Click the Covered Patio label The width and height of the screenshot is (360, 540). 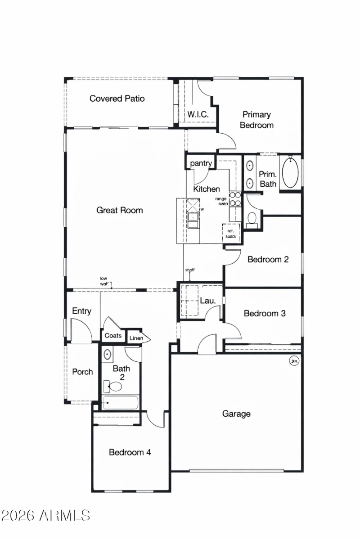point(117,99)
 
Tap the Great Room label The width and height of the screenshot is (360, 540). point(120,210)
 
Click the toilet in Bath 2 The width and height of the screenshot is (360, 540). point(114,387)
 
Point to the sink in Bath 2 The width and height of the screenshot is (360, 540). point(108,355)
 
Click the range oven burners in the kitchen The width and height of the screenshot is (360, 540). point(235,199)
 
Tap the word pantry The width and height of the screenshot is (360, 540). point(201,163)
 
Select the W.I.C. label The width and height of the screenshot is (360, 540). point(198,114)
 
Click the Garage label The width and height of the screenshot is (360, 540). point(236,414)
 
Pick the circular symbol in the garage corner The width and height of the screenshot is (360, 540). point(295,361)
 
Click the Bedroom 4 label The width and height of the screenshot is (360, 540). point(130,452)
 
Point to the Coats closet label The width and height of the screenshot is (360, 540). point(113,336)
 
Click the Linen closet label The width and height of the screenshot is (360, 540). point(136,338)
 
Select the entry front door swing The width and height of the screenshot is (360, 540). point(81,331)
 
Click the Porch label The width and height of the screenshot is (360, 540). point(83,372)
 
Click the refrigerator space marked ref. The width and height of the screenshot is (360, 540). point(231,232)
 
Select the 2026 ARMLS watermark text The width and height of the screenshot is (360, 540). point(45,515)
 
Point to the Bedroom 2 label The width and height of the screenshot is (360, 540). point(268,259)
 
